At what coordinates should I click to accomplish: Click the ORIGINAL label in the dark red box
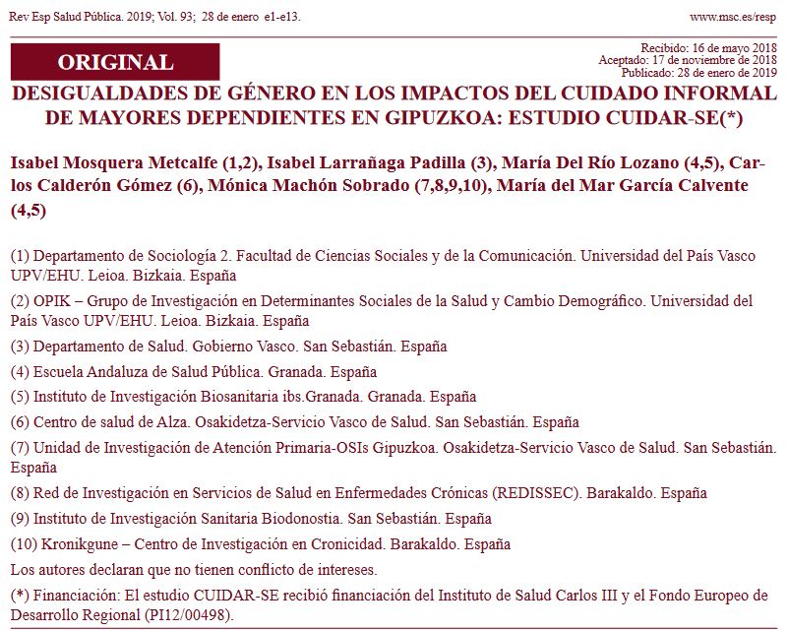pyautogui.click(x=115, y=62)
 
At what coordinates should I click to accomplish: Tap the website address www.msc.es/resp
pyautogui.click(x=733, y=17)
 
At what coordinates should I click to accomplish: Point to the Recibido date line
pyautogui.click(x=708, y=48)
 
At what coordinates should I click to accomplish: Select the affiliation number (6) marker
pyautogui.click(x=19, y=422)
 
